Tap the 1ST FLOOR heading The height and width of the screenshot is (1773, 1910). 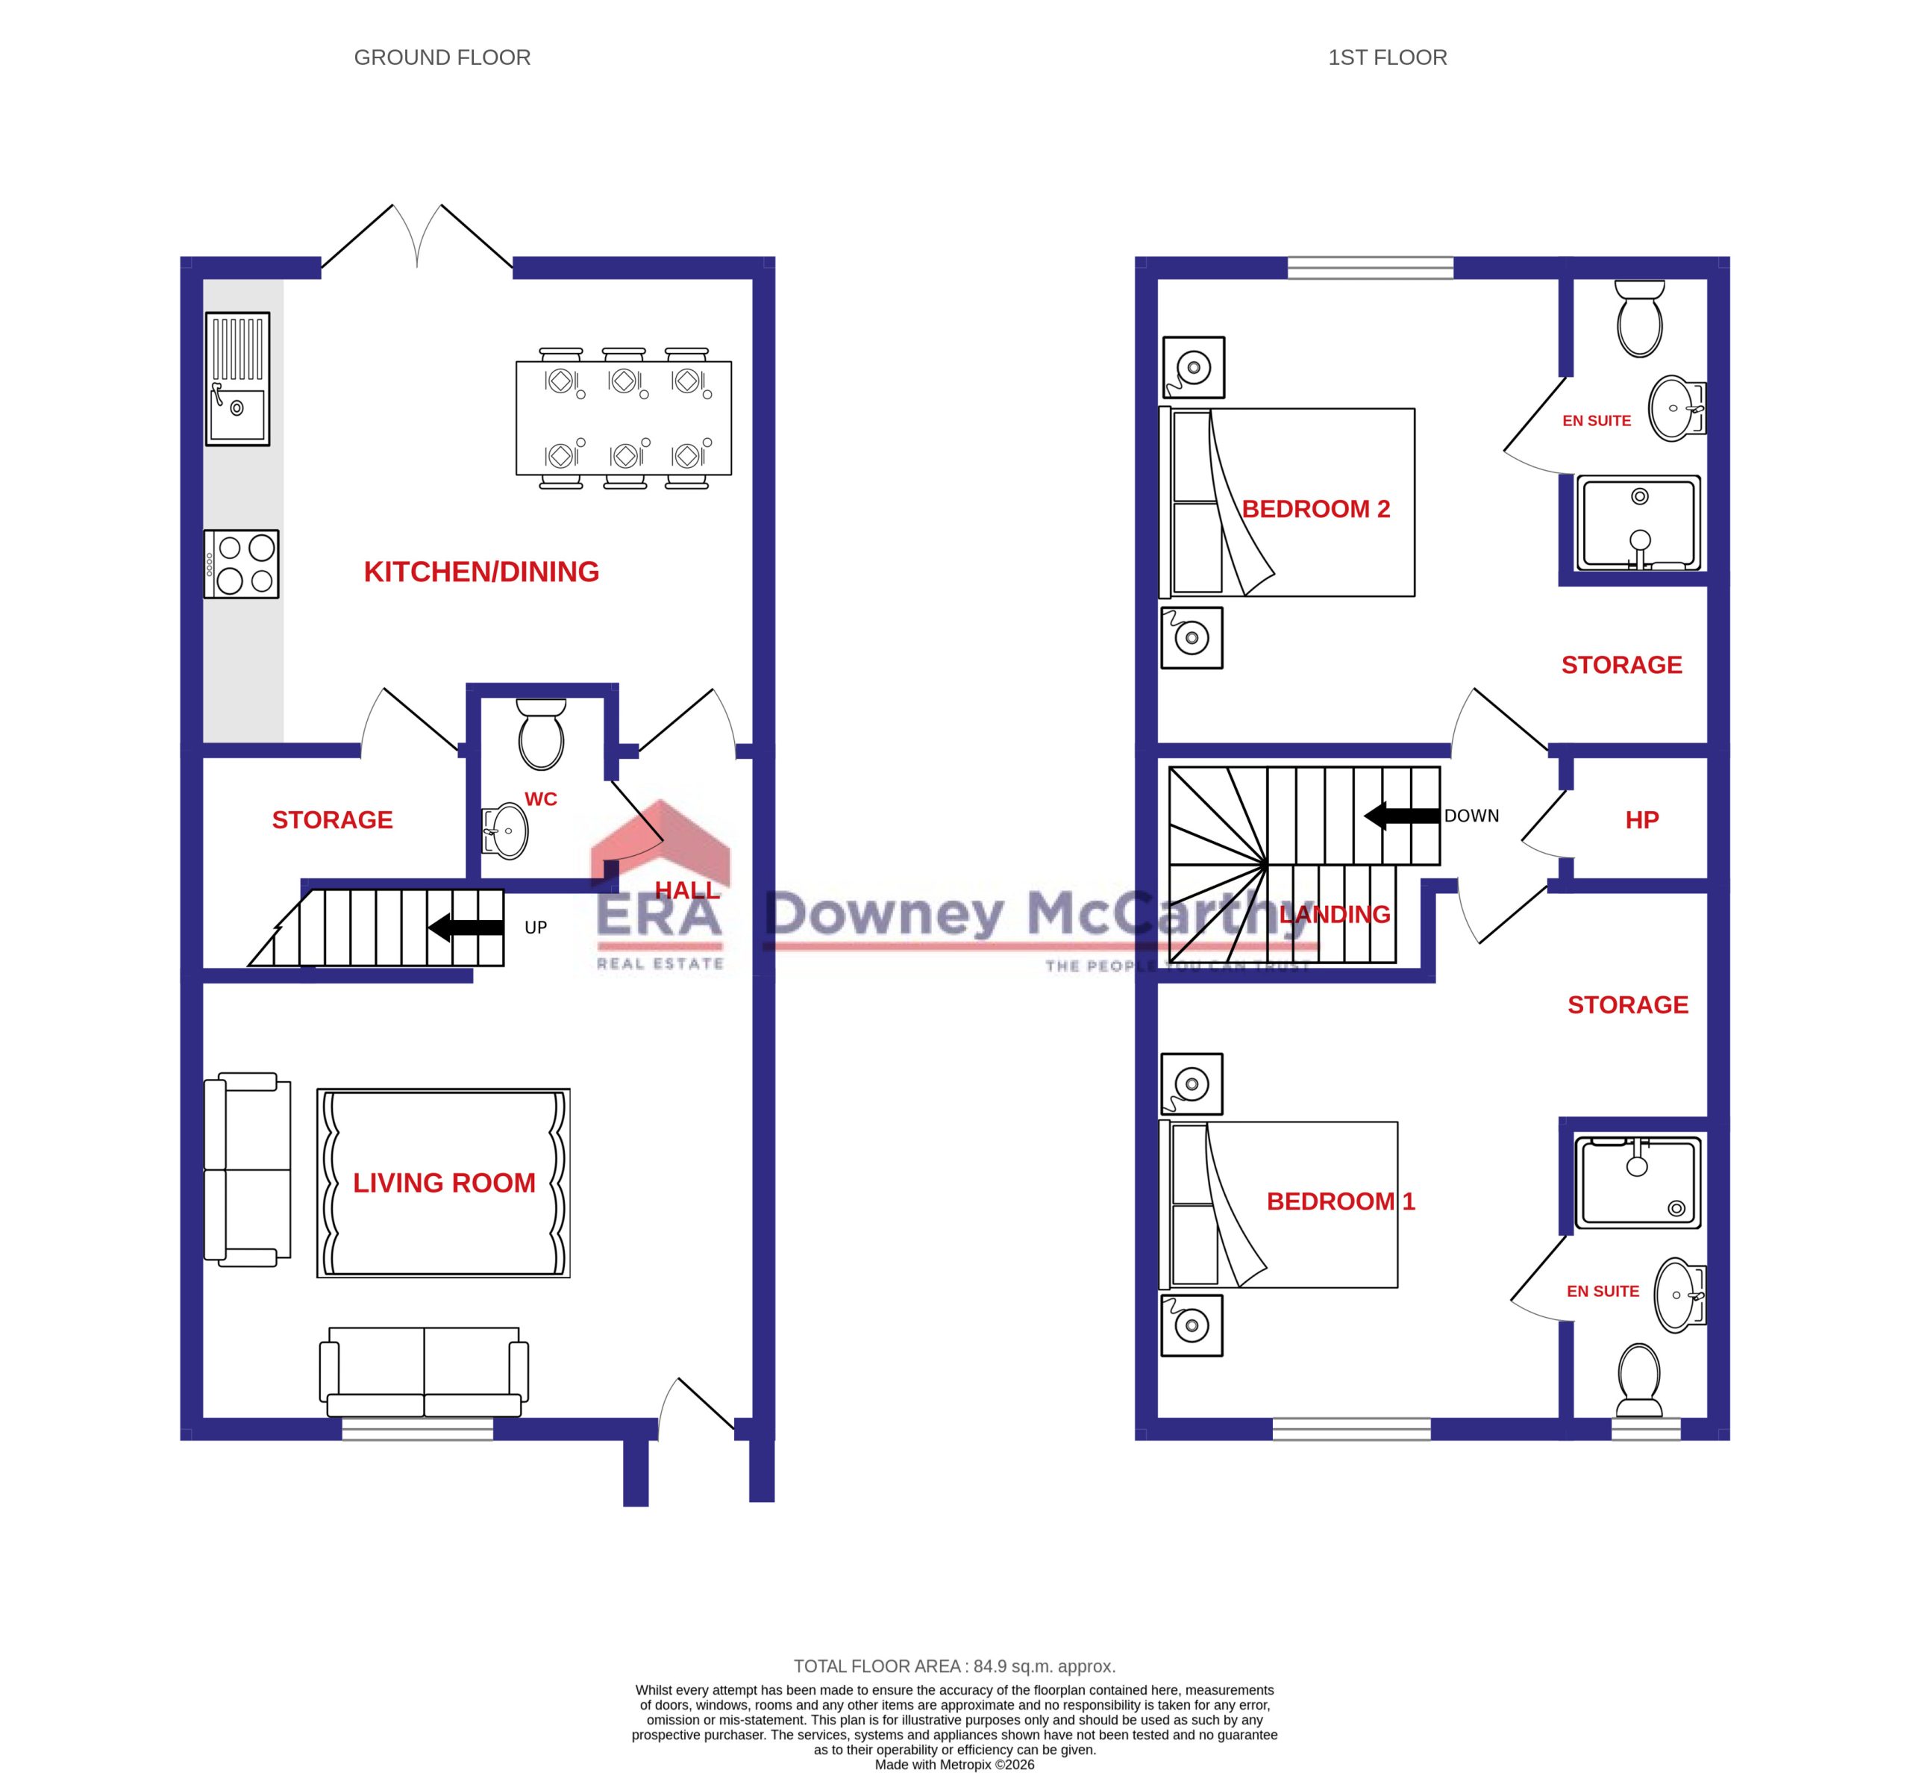(1386, 57)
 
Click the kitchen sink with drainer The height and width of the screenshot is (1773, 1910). (237, 378)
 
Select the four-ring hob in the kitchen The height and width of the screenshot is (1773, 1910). (242, 564)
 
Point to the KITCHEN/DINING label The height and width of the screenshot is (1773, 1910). (480, 572)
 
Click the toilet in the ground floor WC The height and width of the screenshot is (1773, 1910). (541, 734)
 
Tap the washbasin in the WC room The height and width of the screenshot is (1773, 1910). (507, 830)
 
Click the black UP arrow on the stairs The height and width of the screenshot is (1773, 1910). (466, 927)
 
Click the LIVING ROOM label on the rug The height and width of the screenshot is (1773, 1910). (443, 1183)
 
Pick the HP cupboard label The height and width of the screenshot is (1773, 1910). (1641, 819)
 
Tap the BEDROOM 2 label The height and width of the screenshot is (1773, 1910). (1315, 508)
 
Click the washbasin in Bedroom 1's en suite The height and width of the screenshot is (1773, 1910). (1678, 1295)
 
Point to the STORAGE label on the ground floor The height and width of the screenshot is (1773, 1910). (332, 819)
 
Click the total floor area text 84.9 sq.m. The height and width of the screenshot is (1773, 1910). (954, 1666)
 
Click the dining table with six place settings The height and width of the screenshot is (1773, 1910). (624, 419)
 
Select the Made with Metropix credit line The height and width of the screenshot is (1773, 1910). (954, 1764)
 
